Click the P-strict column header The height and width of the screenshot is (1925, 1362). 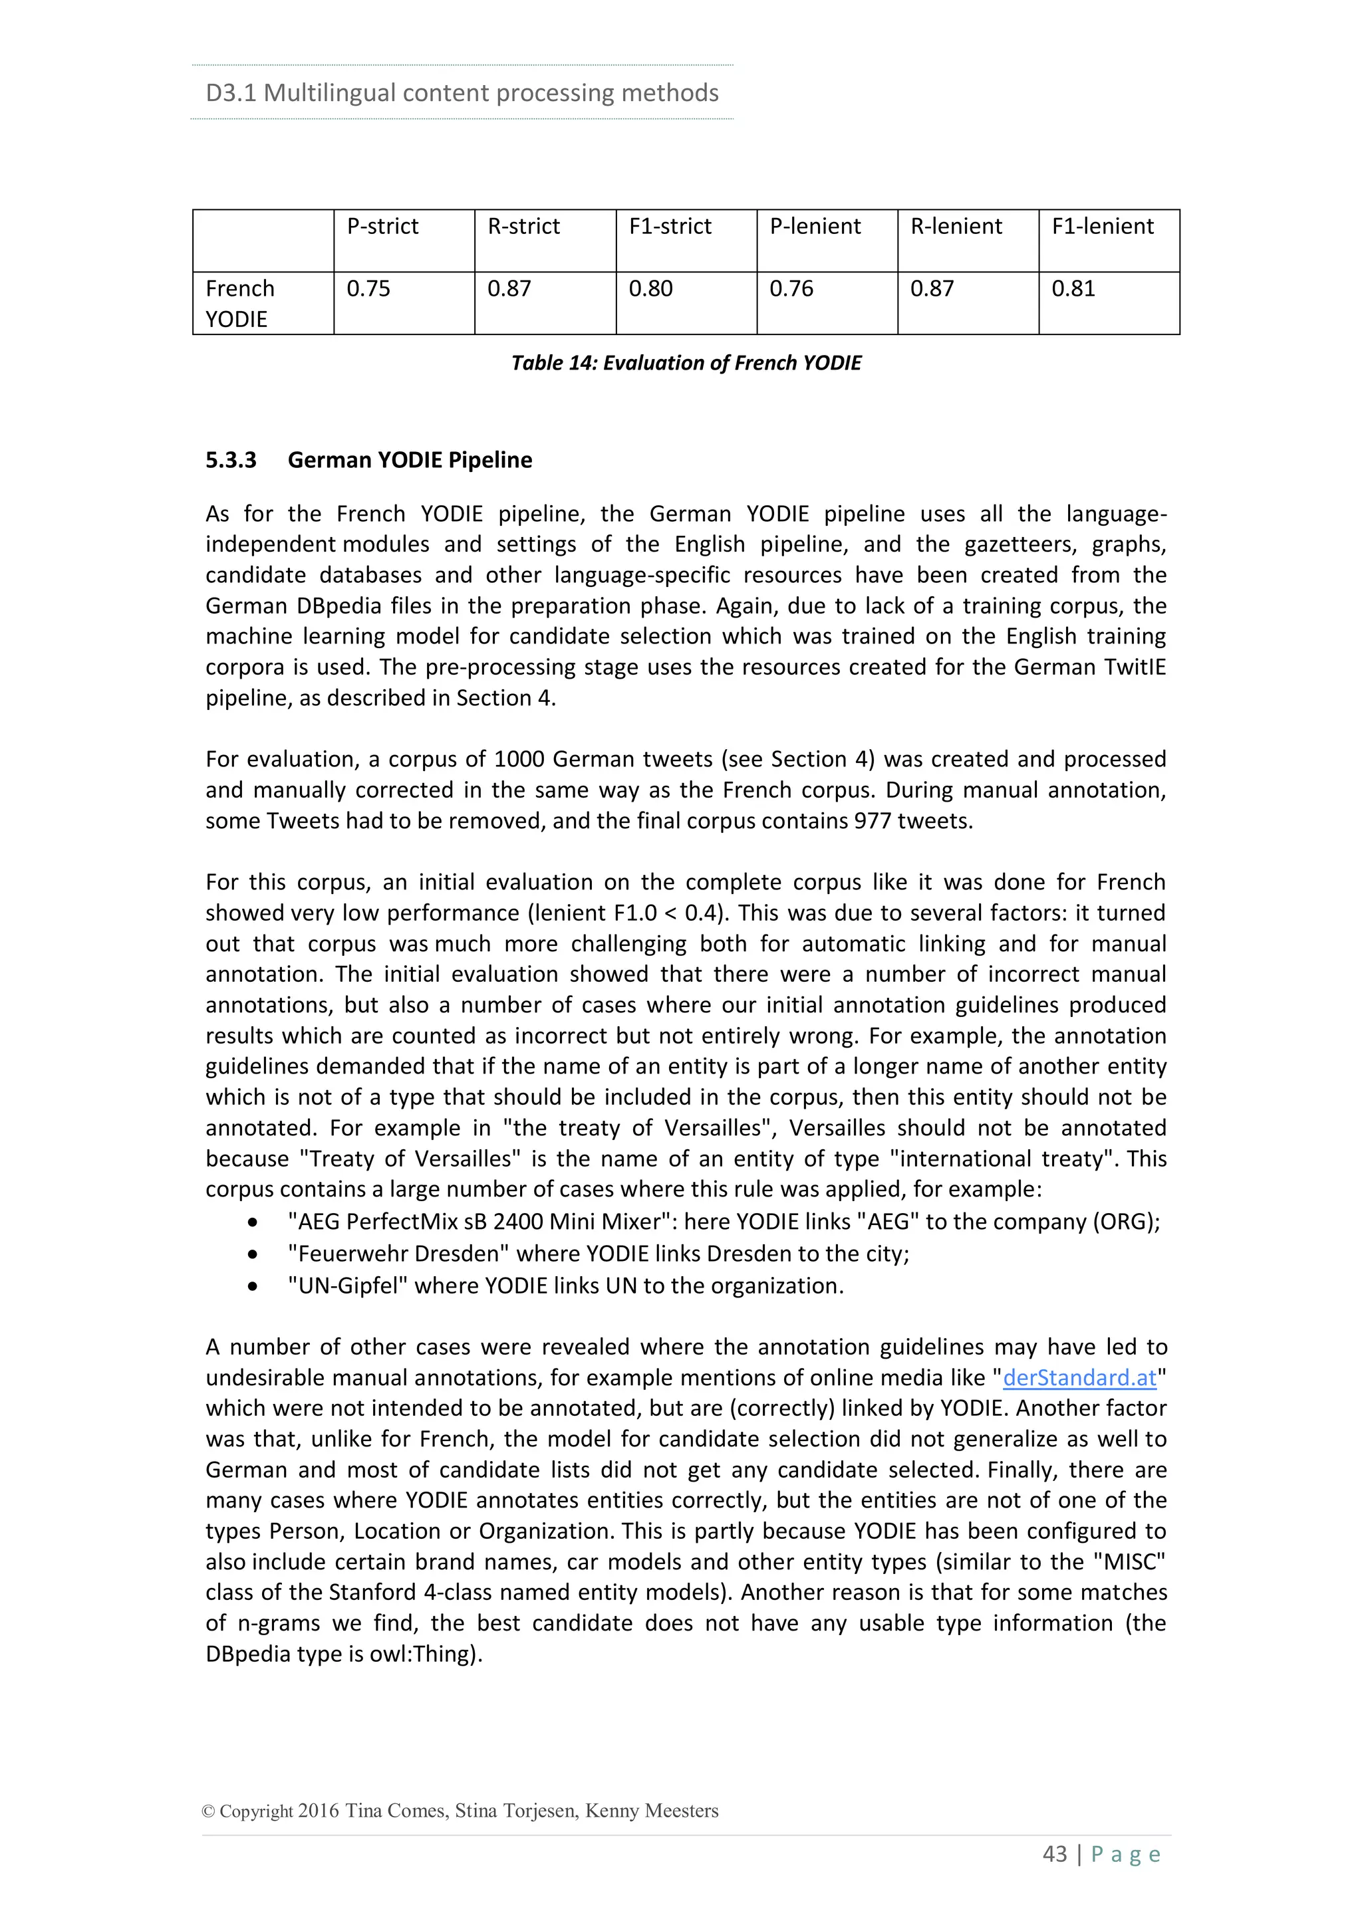[x=382, y=227]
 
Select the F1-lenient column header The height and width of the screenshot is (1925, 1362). [x=1102, y=227]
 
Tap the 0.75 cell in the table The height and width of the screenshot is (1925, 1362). [x=368, y=288]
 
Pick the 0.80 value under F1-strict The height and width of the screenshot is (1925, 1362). [x=651, y=288]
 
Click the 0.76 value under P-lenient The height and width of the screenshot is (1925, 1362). [x=791, y=288]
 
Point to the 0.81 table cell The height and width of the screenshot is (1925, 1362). [x=1073, y=288]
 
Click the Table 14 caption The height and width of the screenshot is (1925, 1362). [x=686, y=363]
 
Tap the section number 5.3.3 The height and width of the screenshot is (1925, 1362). [x=231, y=460]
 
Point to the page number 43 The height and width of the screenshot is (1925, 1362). [x=1054, y=1854]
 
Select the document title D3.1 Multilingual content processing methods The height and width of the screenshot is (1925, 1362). [x=462, y=92]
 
